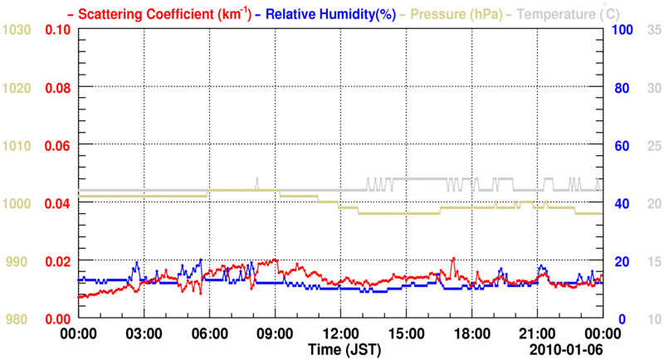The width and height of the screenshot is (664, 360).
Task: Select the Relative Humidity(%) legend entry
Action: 326,14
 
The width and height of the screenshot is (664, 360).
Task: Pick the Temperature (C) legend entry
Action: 562,14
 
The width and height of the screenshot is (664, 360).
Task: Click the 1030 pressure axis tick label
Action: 17,30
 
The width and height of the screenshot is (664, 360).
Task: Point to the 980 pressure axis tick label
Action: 17,319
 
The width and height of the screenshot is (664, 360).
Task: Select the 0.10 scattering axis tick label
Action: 57,30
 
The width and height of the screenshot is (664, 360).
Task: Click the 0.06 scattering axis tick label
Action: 57,145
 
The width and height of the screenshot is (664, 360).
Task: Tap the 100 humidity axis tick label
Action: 623,30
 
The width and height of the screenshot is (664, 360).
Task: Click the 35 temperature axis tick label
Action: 653,30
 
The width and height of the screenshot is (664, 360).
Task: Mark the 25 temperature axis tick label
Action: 653,145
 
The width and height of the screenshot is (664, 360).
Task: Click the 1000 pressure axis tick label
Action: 17,203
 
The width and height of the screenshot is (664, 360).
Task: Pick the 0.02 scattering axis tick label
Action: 57,260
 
